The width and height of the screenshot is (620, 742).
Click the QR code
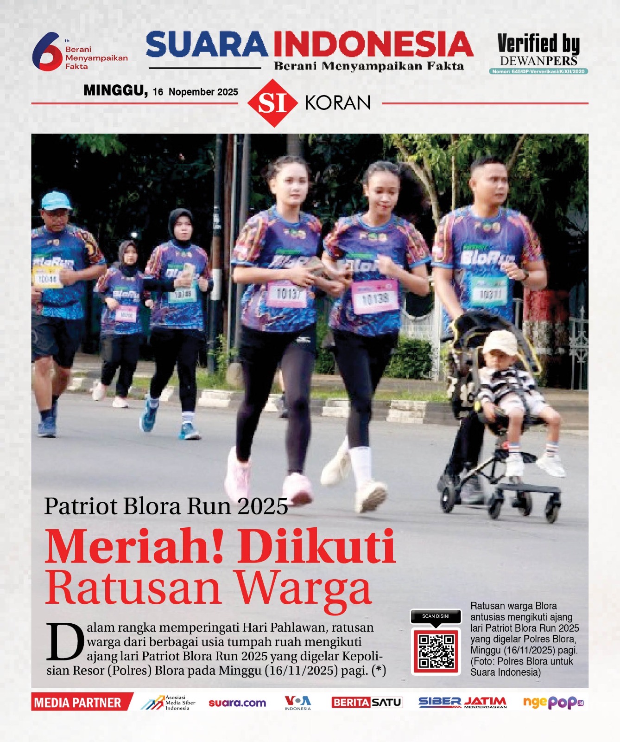tap(436, 651)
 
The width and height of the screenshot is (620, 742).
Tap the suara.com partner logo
tap(237, 703)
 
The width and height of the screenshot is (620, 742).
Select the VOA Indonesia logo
tap(297, 703)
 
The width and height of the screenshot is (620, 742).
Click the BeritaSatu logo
tap(367, 703)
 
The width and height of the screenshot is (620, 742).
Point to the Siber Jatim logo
tap(462, 703)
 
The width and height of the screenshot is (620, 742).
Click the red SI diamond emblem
tap(272, 103)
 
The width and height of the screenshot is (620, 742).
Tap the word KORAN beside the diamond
tap(338, 103)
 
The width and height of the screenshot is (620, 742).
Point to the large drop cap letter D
tap(65, 642)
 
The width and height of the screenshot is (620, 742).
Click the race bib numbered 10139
tap(375, 298)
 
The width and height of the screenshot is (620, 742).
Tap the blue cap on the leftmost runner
tap(56, 200)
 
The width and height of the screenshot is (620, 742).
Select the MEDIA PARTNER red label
tap(78, 703)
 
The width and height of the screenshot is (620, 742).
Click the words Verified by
tap(538, 44)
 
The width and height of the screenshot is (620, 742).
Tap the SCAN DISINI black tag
tap(436, 616)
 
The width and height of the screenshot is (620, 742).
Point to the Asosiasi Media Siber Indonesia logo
tap(169, 703)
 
